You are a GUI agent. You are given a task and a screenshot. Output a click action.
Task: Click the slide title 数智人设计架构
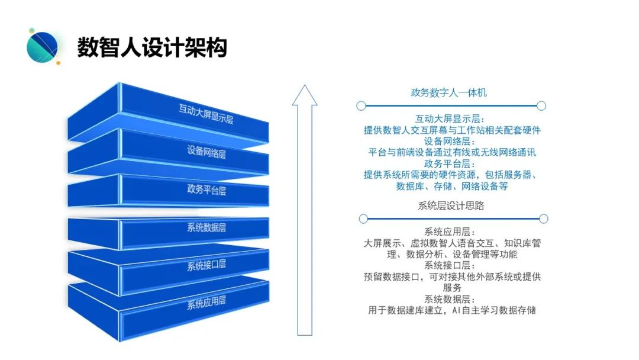pos(152,48)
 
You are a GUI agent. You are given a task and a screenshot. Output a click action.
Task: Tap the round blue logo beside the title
pos(43,47)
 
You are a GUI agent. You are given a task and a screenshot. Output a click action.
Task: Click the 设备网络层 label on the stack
pos(206,152)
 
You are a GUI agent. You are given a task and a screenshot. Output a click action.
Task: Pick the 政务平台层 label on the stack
pos(206,190)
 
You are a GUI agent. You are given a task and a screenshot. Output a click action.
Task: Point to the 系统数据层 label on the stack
pos(206,227)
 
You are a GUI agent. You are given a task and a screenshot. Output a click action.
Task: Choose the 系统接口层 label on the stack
pos(206,265)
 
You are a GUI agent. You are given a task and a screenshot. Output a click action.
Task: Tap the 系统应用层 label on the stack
pos(206,301)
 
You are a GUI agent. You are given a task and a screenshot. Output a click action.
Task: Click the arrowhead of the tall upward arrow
pos(305,96)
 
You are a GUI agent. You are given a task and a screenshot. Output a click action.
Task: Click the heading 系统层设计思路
pos(451,205)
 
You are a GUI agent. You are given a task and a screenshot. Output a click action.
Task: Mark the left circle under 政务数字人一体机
pos(361,106)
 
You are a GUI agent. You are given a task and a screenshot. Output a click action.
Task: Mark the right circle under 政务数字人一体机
pos(541,106)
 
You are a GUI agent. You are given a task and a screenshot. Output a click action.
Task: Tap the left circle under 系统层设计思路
pos(363,219)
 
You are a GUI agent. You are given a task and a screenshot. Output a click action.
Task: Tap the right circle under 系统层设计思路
pos(543,219)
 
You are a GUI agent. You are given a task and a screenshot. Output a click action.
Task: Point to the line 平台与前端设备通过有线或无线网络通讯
pos(451,152)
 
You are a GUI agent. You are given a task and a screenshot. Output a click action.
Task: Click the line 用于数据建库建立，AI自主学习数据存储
pos(451,310)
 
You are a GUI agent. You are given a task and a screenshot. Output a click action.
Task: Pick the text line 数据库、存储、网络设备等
pos(451,186)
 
